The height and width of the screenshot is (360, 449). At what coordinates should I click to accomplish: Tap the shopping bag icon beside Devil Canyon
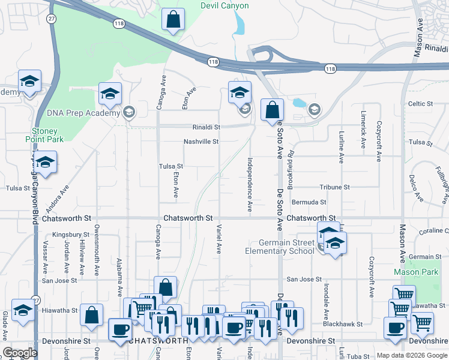pos(173,19)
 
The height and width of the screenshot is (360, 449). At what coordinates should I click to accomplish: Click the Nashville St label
pos(201,142)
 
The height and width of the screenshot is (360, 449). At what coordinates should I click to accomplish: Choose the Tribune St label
pos(334,187)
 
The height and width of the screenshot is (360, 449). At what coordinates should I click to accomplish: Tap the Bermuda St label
pos(309,203)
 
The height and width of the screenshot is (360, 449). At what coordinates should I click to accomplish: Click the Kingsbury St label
pos(71,235)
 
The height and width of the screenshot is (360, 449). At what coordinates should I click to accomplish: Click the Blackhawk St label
pos(343,324)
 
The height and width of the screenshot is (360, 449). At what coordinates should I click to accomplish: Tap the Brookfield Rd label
pos(290,166)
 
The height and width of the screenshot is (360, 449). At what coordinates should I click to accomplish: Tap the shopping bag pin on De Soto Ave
pos(273,110)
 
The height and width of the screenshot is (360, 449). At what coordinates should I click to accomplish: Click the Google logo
pos(20,353)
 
